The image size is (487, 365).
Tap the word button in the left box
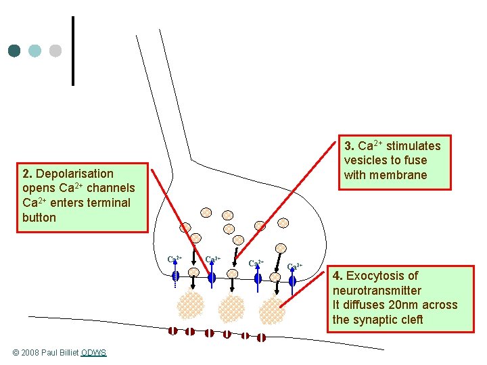click(x=39, y=218)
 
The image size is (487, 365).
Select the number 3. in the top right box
click(x=350, y=146)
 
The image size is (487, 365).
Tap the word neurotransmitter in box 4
click(x=377, y=291)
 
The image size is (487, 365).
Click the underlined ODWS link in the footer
click(x=93, y=353)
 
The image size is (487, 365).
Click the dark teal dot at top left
click(x=15, y=51)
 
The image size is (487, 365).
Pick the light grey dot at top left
click(x=55, y=51)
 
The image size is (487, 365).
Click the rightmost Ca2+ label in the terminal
click(x=295, y=266)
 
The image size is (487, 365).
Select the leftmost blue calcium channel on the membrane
click(x=175, y=276)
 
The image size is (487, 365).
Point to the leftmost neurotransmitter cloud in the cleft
click(x=190, y=305)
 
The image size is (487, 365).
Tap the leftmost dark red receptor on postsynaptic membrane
click(x=174, y=331)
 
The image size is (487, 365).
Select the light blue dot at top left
click(x=35, y=51)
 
